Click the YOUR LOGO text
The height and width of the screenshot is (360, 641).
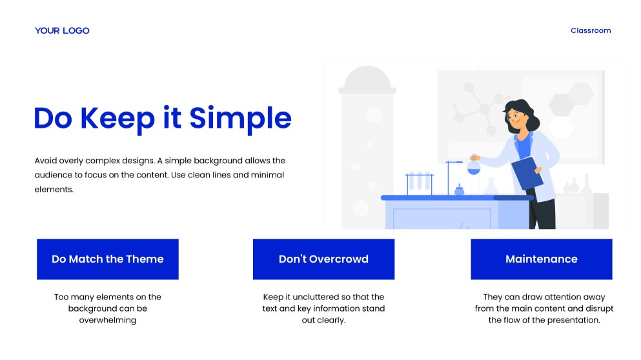tap(62, 30)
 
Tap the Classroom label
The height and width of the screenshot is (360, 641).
tap(590, 30)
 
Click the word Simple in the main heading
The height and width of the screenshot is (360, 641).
tap(240, 118)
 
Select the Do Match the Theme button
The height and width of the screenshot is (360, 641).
tap(107, 259)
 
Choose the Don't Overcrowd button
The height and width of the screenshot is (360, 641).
tap(323, 259)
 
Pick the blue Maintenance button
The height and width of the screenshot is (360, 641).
tap(541, 259)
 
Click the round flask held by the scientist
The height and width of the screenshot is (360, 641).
tap(474, 168)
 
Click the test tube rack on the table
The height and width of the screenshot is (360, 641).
tap(419, 183)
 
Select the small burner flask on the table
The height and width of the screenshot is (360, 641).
tap(459, 190)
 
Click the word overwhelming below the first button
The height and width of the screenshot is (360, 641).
tap(107, 320)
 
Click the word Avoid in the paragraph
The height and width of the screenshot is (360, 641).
tap(46, 161)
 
